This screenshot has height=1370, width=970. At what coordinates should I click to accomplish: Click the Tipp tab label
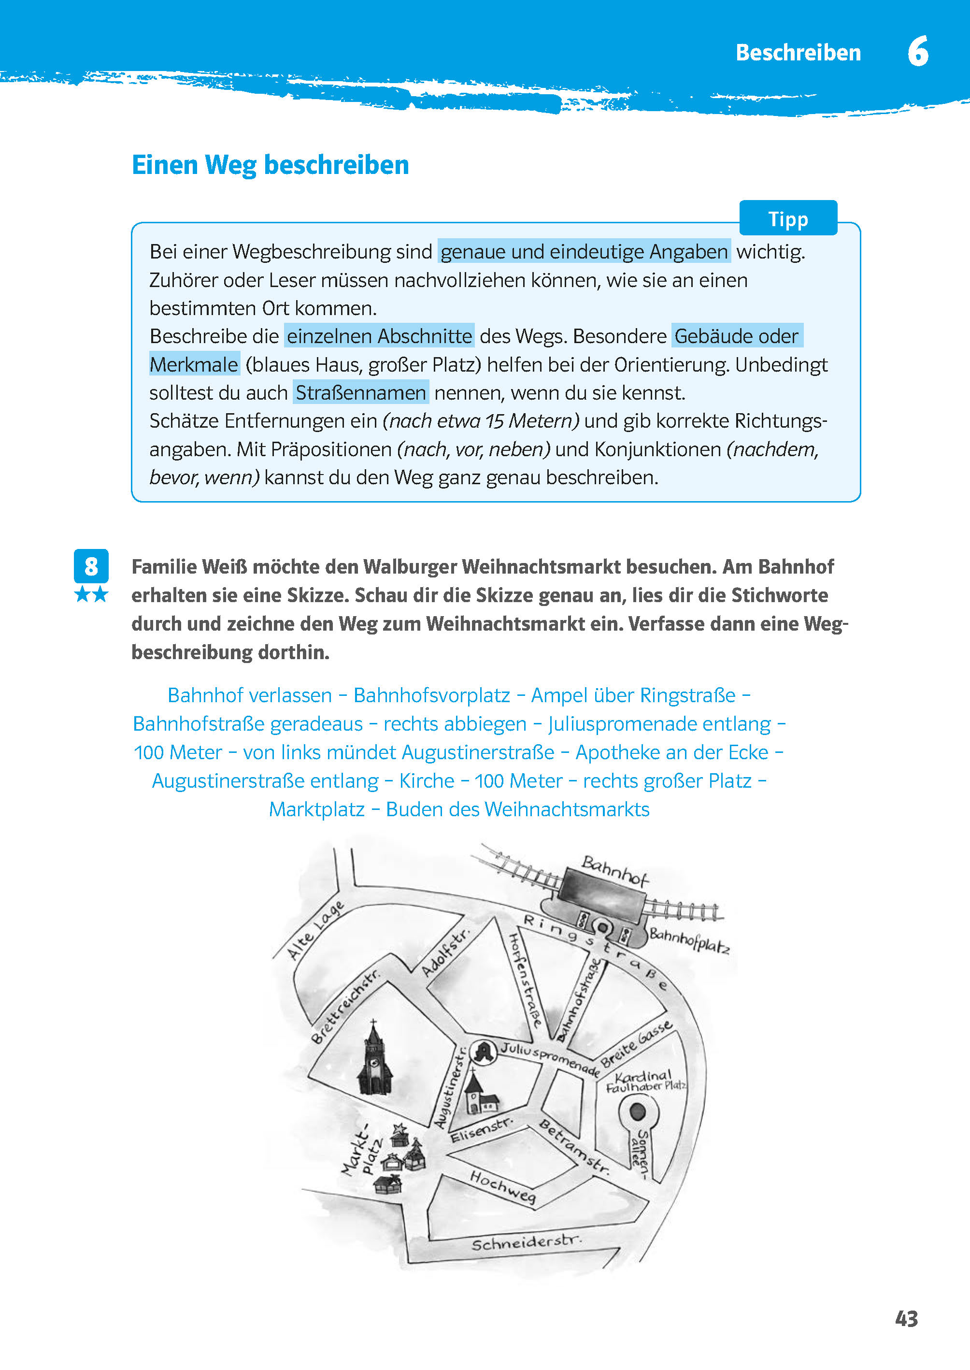(788, 219)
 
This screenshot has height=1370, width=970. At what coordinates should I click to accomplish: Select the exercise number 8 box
(91, 565)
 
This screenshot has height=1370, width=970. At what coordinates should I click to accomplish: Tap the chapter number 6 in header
(917, 52)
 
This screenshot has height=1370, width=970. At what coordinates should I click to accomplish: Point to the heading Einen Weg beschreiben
(270, 165)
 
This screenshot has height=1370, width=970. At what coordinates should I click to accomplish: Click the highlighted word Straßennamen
(361, 392)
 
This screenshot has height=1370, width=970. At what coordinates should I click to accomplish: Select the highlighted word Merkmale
(194, 364)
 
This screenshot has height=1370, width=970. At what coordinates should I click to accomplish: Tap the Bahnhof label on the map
(614, 870)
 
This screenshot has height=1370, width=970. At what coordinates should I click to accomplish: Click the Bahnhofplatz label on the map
(689, 940)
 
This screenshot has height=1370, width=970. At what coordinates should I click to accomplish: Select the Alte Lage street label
(315, 930)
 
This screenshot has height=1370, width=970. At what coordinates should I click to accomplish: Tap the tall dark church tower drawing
(374, 1061)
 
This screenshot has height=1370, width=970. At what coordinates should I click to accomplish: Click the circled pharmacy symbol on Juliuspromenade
(483, 1052)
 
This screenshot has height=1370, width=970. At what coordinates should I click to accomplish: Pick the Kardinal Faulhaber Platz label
(645, 1082)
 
